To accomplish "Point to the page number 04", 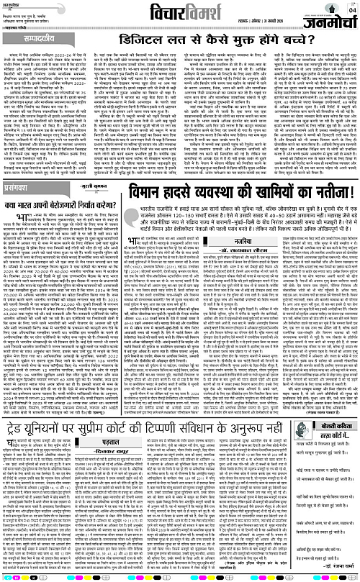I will [353, 9].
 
